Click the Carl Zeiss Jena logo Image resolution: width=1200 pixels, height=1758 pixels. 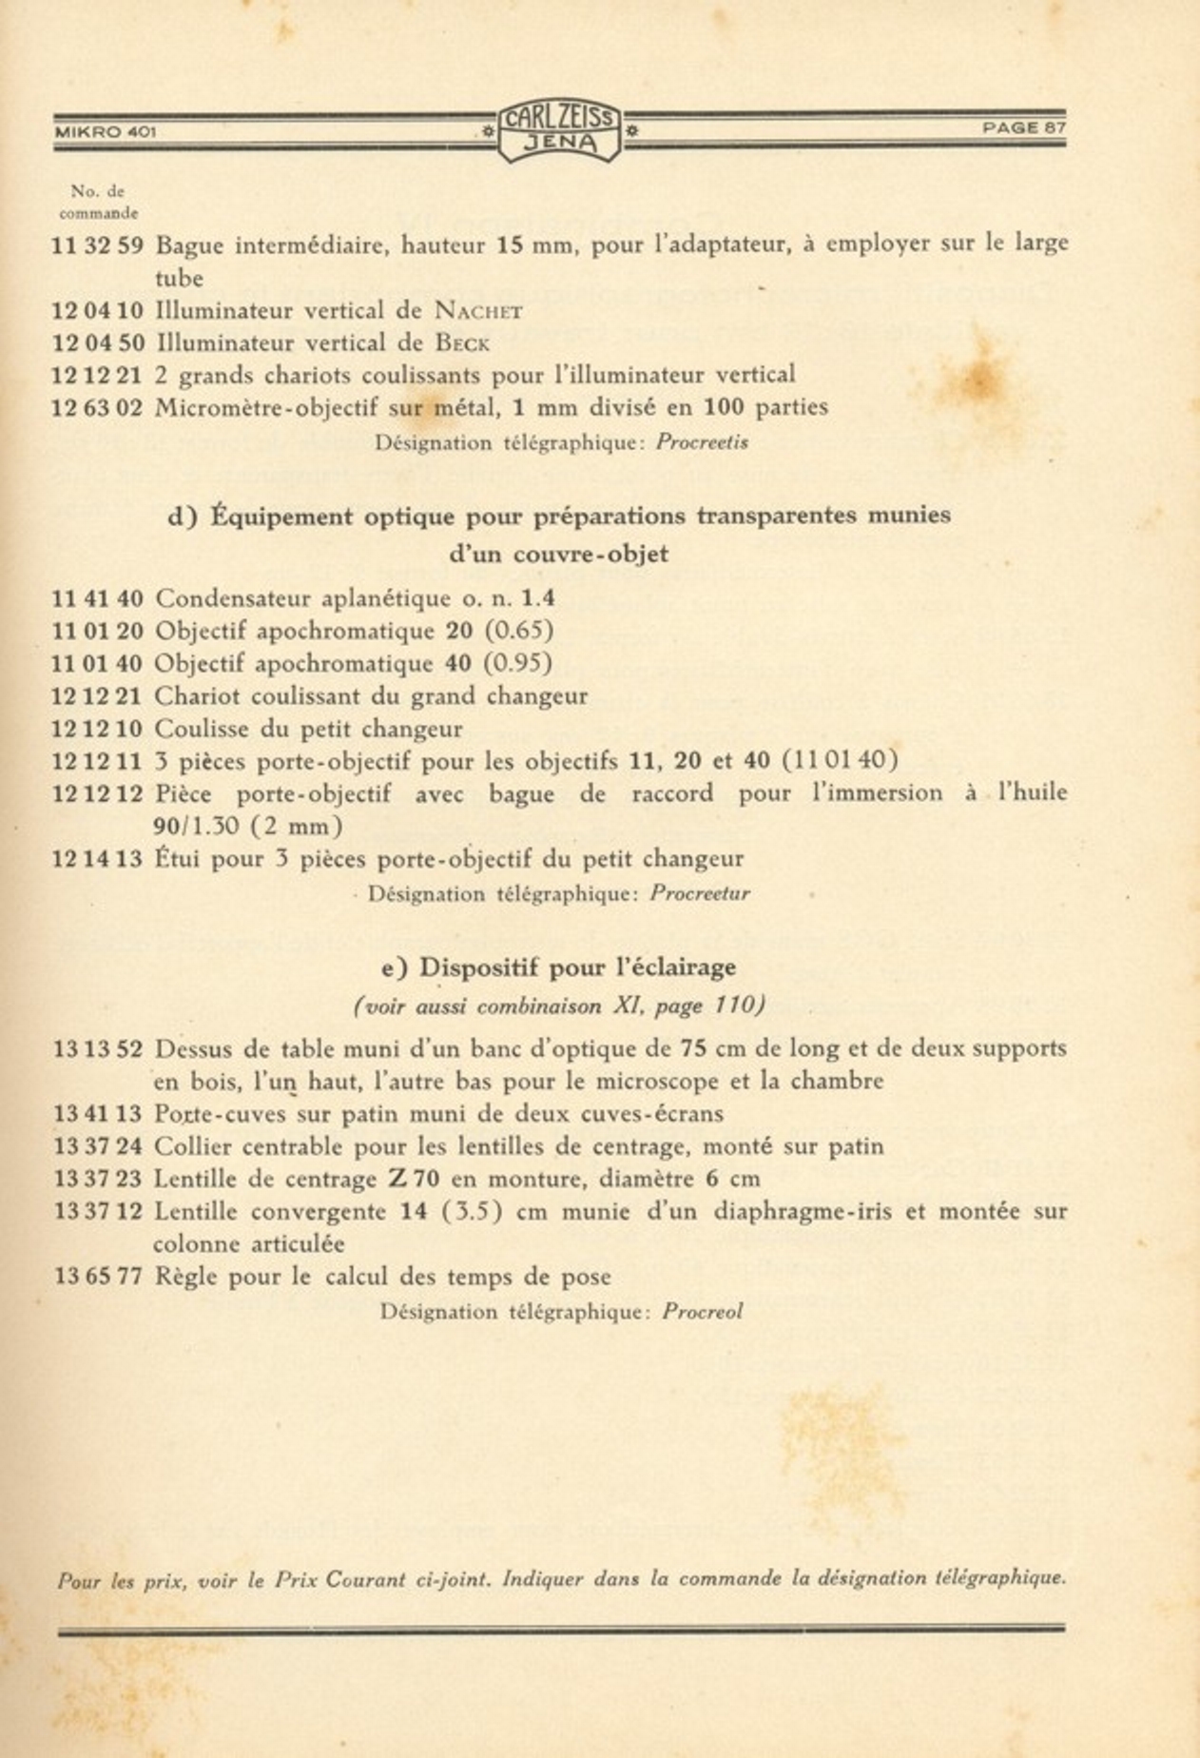click(559, 130)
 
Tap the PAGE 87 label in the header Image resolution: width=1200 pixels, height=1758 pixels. click(1024, 128)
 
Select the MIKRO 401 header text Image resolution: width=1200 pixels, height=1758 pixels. click(105, 132)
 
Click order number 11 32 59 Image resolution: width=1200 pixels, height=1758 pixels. click(97, 245)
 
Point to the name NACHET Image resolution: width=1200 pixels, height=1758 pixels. click(478, 311)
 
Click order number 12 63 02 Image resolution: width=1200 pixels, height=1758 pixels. click(97, 408)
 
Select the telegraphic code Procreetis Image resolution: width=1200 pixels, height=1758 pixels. click(702, 442)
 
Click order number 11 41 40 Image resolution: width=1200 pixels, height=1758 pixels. click(97, 599)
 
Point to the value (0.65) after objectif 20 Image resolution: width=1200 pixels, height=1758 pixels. click(518, 632)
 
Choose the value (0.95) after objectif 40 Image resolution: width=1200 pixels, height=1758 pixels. click(518, 664)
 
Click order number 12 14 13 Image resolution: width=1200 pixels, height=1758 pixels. click(97, 860)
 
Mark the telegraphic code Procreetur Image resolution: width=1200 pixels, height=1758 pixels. click(700, 894)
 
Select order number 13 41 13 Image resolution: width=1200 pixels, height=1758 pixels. click(97, 1114)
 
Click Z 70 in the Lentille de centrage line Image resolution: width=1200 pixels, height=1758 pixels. click(414, 1180)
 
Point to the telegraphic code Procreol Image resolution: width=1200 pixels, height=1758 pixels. click(702, 1312)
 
